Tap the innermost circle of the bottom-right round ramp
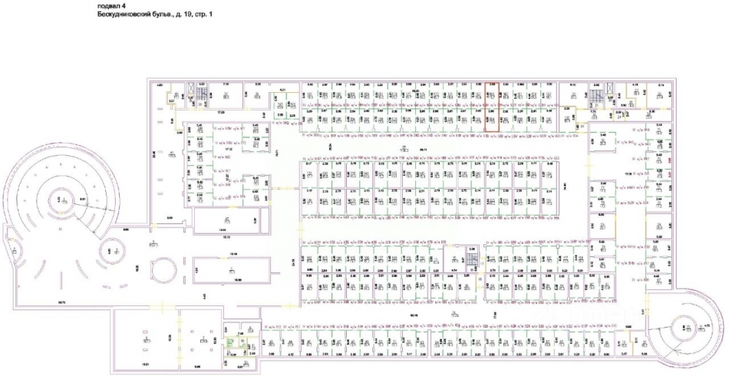(x=682, y=328)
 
